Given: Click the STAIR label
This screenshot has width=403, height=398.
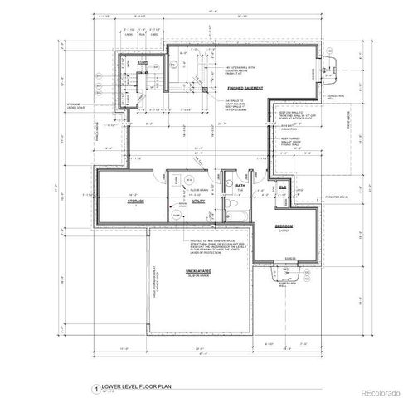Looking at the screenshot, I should pos(143,61).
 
